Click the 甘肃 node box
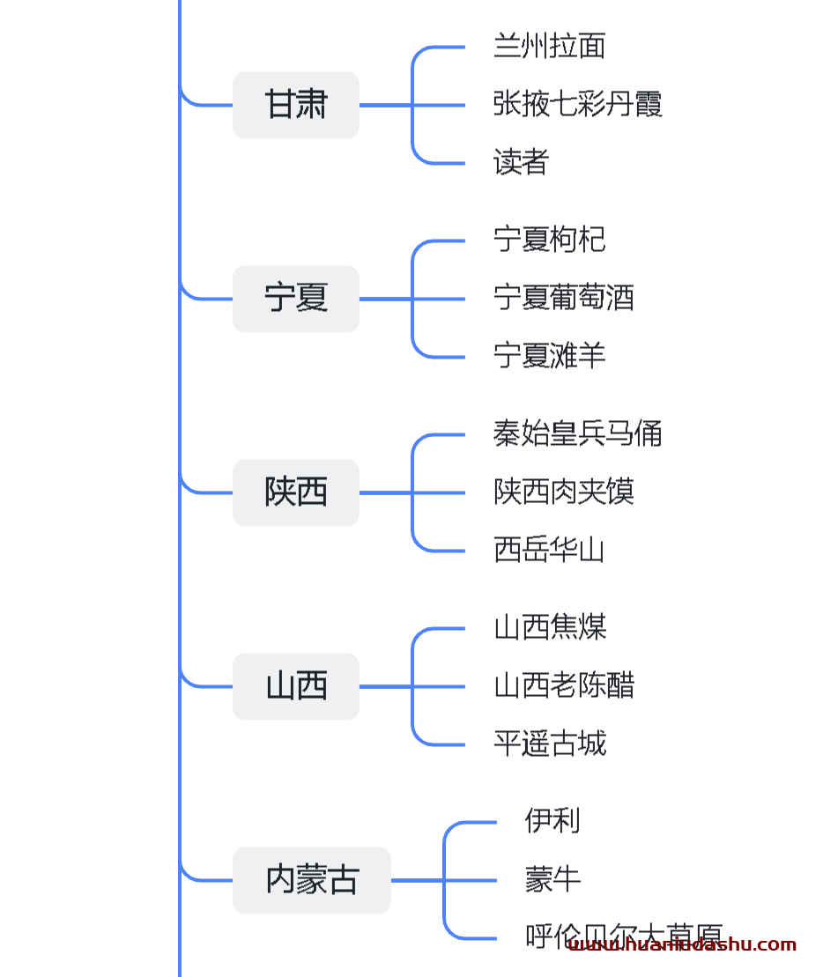click(x=295, y=105)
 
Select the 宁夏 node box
click(x=295, y=299)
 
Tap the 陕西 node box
click(x=295, y=492)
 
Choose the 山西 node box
click(x=295, y=686)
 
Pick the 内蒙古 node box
click(x=311, y=880)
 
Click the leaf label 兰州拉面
click(x=549, y=47)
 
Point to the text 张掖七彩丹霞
click(x=577, y=105)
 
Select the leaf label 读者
click(x=521, y=163)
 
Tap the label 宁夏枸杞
click(x=549, y=241)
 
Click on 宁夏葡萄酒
click(x=563, y=299)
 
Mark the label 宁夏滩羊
click(x=549, y=357)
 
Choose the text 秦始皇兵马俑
click(x=577, y=434)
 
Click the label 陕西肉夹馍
click(x=563, y=492)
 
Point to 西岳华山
click(x=549, y=551)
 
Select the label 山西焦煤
click(x=549, y=628)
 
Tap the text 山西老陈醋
click(x=563, y=686)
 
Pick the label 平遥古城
click(x=549, y=744)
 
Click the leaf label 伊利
click(x=552, y=822)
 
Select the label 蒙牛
click(x=552, y=880)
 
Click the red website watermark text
click(x=682, y=945)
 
